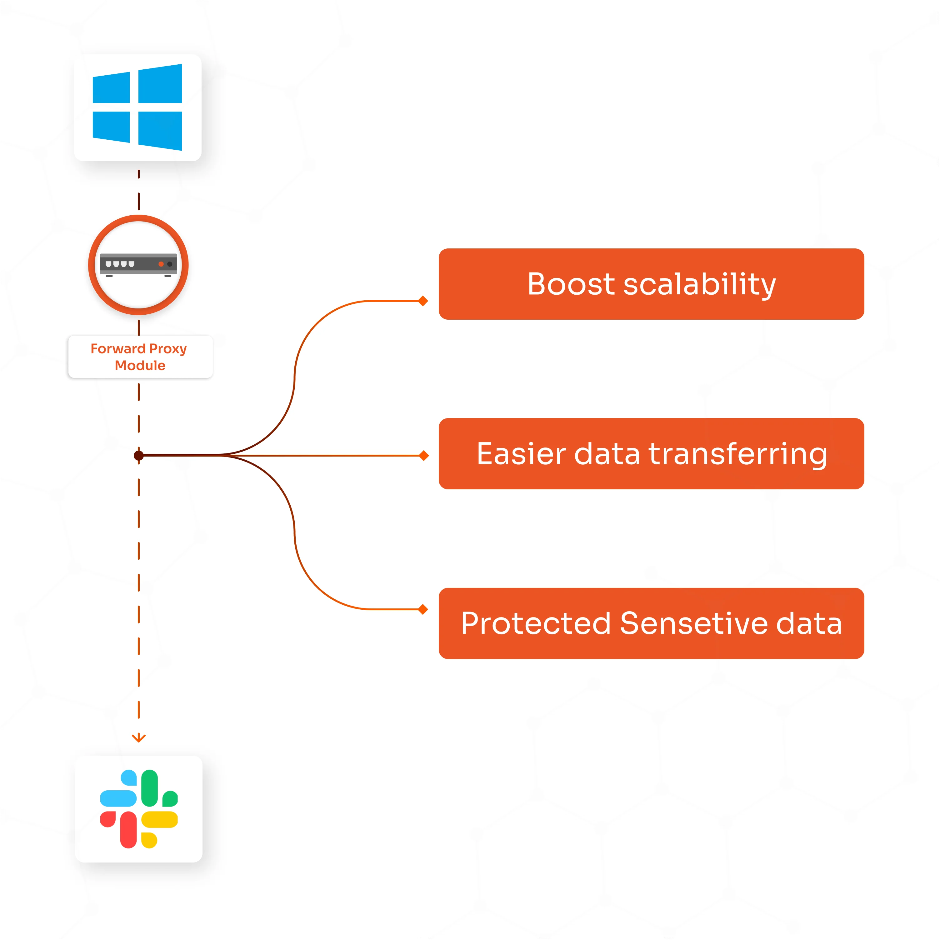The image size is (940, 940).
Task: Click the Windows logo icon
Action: (138, 107)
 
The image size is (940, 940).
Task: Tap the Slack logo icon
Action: (139, 809)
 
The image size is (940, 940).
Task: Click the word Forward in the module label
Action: (118, 349)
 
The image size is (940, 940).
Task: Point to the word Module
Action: (140, 365)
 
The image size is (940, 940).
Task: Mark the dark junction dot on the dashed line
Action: (139, 455)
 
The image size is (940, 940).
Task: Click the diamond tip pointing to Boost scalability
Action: (423, 301)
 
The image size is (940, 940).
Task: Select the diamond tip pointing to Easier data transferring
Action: (424, 455)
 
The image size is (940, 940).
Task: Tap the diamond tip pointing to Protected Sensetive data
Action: (423, 609)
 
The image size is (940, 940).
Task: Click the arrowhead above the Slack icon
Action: (139, 738)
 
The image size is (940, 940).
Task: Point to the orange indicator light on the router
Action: (161, 264)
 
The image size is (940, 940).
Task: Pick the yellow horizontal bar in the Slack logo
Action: (160, 819)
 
